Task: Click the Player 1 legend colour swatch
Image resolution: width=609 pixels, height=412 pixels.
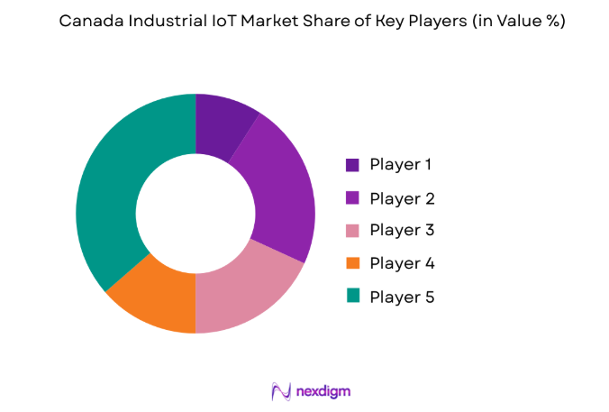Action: tap(352, 165)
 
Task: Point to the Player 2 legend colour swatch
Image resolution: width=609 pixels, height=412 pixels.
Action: tap(352, 198)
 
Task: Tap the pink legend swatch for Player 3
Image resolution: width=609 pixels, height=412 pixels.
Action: tap(352, 231)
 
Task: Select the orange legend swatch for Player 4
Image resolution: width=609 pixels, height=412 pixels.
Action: tap(352, 263)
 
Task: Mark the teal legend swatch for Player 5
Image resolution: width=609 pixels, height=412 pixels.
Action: tap(352, 296)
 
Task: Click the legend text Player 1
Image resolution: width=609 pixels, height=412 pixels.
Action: tap(402, 165)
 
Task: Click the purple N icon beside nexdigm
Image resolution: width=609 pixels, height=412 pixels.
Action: tap(280, 390)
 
